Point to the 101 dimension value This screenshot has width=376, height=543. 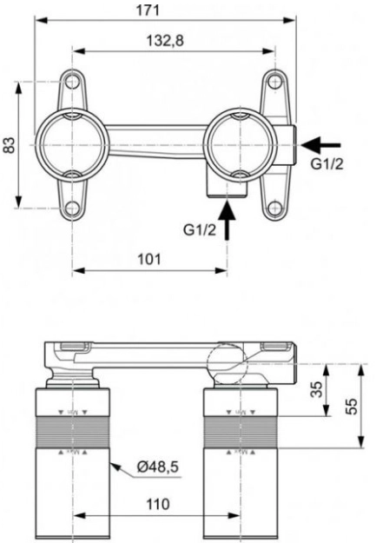point(149,259)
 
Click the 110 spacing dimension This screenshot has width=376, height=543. point(157,503)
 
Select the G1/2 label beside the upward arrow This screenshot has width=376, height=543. point(200,230)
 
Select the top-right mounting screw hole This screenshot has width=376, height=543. point(274,82)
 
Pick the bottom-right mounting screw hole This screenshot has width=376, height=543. point(274,207)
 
